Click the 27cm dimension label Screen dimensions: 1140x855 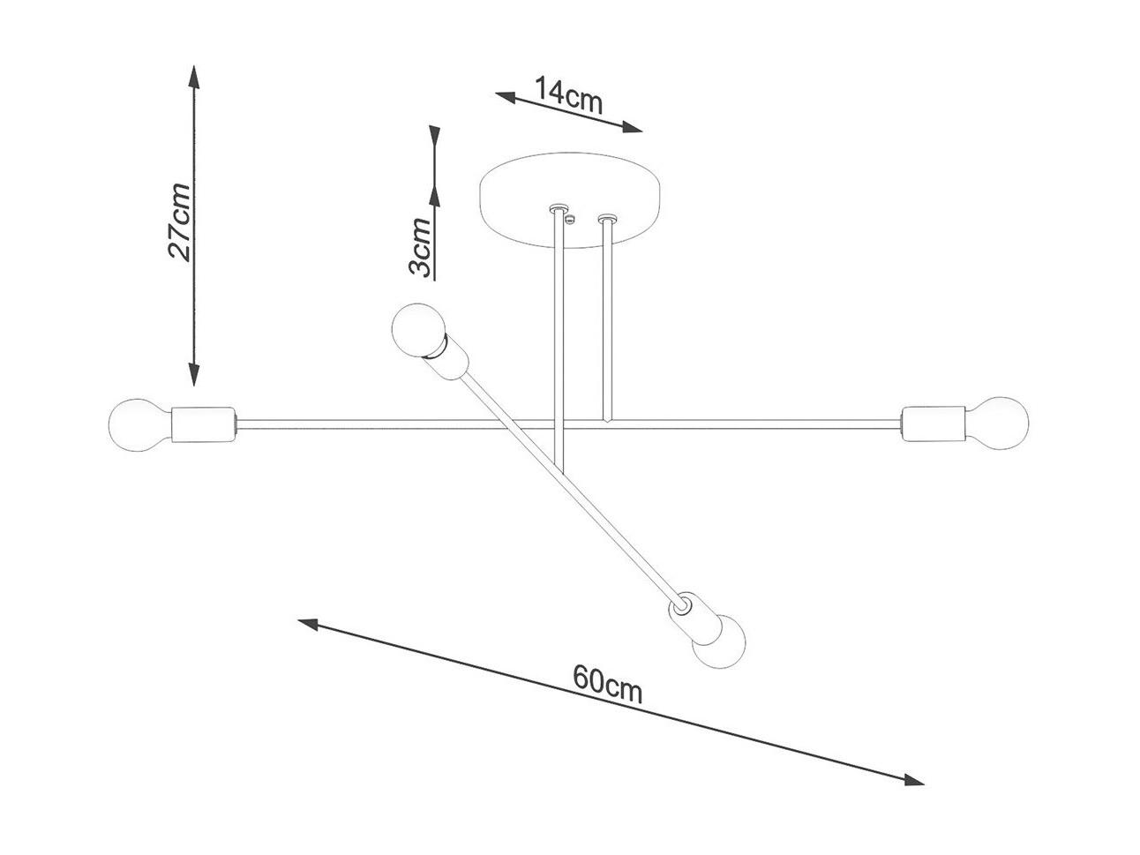178,221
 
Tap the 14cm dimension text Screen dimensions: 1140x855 568,95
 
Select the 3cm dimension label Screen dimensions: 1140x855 420,246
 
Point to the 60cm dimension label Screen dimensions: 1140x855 607,684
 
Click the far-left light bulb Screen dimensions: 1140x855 139,425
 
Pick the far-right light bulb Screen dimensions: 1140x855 997,423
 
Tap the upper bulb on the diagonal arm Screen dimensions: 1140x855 418,330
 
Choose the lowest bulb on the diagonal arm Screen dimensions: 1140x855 720,641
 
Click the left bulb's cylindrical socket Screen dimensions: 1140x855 204,424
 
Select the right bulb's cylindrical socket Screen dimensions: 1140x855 933,424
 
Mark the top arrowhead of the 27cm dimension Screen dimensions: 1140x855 194,77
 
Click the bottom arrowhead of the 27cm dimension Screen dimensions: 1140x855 194,374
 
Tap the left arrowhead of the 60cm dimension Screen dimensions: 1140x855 308,624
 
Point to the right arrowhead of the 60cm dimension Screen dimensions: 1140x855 913,794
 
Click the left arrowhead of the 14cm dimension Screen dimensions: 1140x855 506,97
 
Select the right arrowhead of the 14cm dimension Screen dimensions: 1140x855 632,127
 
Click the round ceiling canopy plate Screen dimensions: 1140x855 570,200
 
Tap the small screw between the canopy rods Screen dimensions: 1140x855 570,220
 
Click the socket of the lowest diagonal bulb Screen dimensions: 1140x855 694,617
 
